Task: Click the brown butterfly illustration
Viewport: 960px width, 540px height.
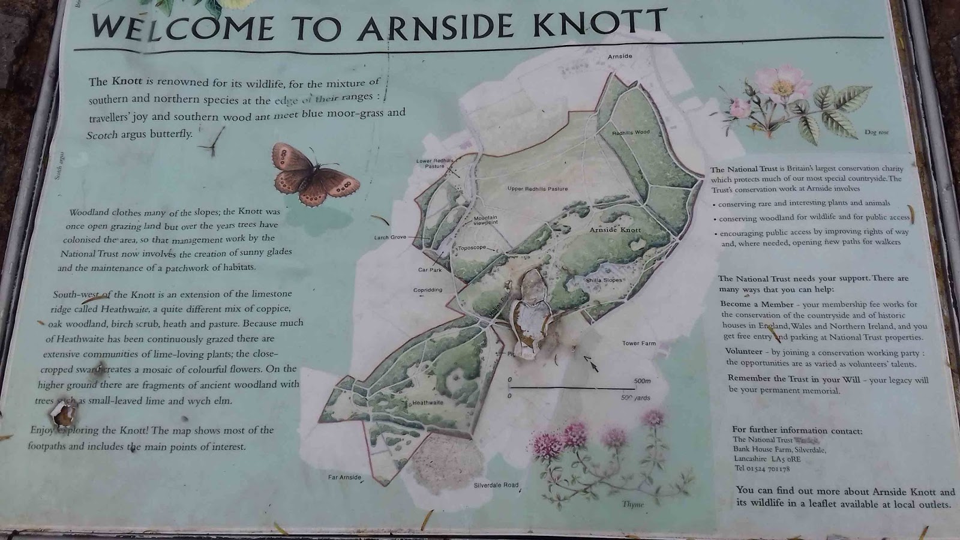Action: point(314,174)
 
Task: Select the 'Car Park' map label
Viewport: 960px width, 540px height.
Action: point(430,270)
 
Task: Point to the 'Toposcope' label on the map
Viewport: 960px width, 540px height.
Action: point(472,248)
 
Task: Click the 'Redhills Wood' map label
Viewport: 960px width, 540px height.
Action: point(631,133)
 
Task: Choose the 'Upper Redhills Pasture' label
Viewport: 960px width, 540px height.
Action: point(537,189)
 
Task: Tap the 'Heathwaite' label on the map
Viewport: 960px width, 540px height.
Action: point(427,403)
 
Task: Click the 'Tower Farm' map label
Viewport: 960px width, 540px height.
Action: point(638,343)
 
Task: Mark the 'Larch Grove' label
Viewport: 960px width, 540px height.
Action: point(390,238)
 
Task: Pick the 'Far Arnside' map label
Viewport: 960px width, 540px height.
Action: point(344,478)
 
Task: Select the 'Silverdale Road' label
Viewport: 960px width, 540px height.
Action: point(496,485)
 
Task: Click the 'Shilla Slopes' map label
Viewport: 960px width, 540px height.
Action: point(604,280)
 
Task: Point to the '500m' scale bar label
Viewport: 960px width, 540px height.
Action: point(642,381)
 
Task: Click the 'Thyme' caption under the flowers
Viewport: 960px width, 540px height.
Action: point(632,505)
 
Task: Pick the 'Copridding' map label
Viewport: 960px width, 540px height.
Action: point(428,290)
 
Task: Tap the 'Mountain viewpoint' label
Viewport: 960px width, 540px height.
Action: point(485,220)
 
